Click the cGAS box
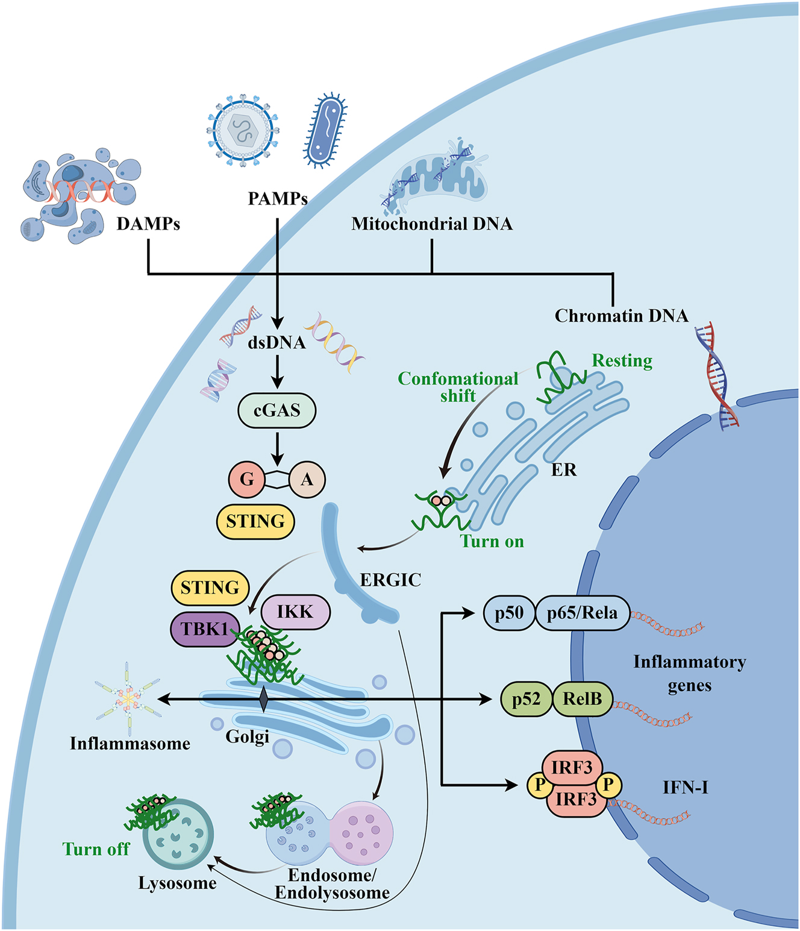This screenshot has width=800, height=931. (277, 410)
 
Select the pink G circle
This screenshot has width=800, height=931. (246, 479)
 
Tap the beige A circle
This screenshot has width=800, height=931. (307, 480)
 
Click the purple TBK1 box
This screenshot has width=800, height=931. (205, 629)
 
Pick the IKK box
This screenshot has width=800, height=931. (295, 612)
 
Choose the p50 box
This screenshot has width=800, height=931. (509, 613)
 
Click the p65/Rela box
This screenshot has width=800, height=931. (582, 613)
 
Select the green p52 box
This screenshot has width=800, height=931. (526, 699)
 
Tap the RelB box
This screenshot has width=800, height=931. (582, 699)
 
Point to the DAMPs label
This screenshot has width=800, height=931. (148, 224)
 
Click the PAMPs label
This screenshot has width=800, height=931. (278, 198)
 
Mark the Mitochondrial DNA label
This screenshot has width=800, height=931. (432, 224)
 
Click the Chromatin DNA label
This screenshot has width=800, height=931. (621, 316)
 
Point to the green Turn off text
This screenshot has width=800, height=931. (96, 849)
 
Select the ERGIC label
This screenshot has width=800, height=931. (390, 580)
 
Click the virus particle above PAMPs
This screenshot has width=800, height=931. (243, 130)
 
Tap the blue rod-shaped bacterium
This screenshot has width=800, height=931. (326, 130)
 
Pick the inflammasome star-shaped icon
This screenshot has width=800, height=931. (128, 699)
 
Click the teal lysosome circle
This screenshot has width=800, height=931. (178, 835)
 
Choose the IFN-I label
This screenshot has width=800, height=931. (685, 787)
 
